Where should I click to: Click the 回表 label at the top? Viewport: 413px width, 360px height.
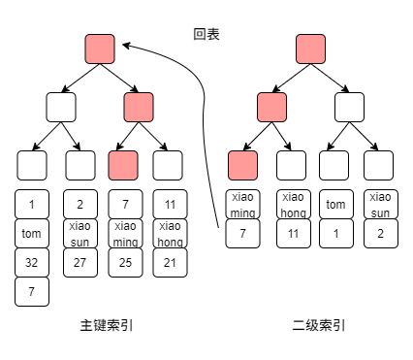(x=206, y=35)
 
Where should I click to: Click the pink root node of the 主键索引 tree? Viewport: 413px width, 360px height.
(x=100, y=49)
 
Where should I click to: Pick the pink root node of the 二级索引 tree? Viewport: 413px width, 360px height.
(x=310, y=49)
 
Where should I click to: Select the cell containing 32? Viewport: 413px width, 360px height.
(x=32, y=263)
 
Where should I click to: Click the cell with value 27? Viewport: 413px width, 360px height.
(x=79, y=263)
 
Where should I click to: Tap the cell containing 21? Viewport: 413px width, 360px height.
(x=169, y=263)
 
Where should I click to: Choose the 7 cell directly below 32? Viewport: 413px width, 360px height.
(x=32, y=292)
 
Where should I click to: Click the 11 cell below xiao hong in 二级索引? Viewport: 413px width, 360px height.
(x=292, y=234)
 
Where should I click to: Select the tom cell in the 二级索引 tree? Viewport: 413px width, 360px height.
(x=335, y=205)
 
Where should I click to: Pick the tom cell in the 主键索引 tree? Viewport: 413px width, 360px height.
(x=32, y=234)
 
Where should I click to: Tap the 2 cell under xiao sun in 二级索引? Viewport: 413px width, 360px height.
(x=380, y=234)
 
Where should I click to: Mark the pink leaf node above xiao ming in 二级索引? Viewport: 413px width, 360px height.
(x=242, y=165)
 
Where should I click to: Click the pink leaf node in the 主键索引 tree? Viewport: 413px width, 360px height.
(x=123, y=166)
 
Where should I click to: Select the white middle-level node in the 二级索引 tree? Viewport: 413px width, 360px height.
(x=350, y=107)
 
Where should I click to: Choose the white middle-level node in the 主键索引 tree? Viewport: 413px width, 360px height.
(x=61, y=107)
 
